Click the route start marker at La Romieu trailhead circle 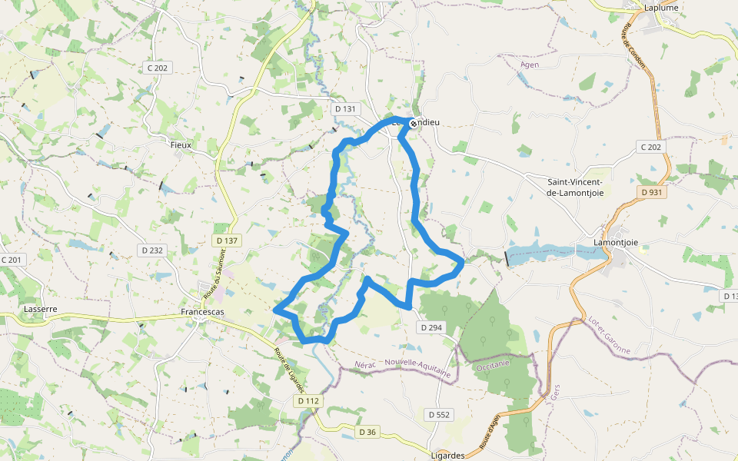pos(413,123)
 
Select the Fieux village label pos(181,144)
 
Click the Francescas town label pos(201,313)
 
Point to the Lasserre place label pos(41,309)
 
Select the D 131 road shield pos(346,109)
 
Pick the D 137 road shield pos(227,240)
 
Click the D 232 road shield pos(152,250)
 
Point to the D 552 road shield pos(438,414)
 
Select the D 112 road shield pos(307,401)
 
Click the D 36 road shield pos(367,432)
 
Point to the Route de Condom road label pos(634,45)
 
